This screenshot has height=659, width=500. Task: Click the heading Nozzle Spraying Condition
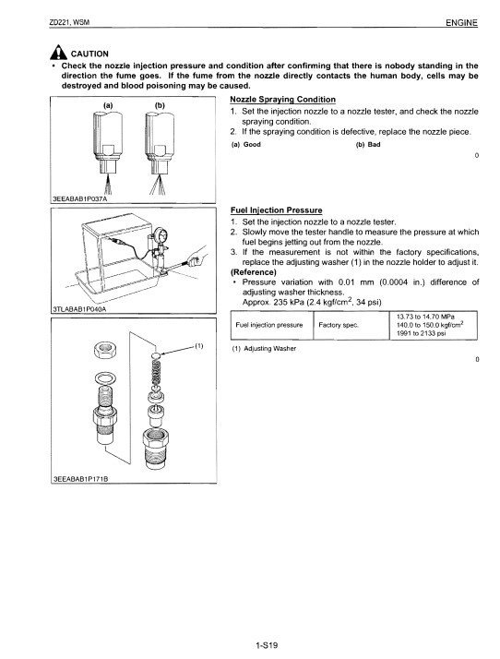point(281,100)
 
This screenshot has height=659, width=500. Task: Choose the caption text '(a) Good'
point(245,146)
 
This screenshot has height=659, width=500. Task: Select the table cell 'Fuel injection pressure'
point(270,326)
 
